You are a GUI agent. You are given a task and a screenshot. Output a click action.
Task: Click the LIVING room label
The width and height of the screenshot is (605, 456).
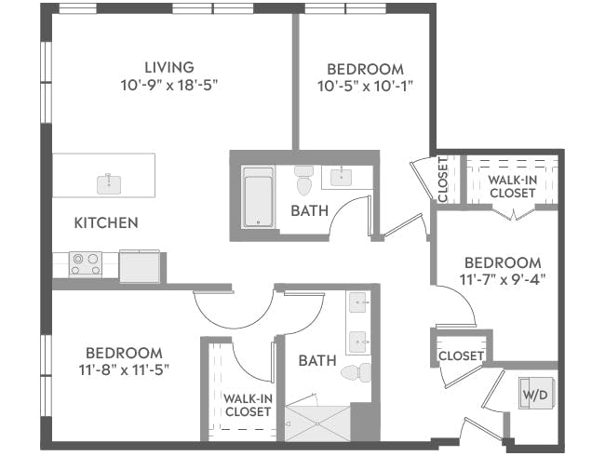[168, 67]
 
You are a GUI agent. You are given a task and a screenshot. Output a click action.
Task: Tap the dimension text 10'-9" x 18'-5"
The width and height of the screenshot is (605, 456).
[168, 85]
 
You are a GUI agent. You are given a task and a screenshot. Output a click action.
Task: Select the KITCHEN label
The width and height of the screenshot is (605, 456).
[106, 222]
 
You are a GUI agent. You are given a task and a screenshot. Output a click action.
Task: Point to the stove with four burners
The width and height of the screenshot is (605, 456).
[86, 264]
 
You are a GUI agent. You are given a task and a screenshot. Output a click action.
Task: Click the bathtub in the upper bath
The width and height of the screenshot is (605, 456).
[258, 196]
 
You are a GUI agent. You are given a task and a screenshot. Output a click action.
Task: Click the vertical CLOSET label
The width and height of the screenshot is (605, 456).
[442, 179]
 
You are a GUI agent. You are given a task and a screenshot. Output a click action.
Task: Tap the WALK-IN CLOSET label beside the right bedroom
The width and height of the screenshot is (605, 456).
[512, 186]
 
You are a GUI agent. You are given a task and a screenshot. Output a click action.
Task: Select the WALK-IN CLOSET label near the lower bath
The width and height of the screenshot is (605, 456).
[248, 405]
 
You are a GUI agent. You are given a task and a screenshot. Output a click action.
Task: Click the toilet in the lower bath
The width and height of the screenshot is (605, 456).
[356, 373]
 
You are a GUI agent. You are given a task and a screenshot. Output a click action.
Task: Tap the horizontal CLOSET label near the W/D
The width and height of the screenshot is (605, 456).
[460, 355]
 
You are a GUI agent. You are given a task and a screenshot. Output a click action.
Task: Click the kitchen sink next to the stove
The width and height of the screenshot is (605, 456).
[139, 266]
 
